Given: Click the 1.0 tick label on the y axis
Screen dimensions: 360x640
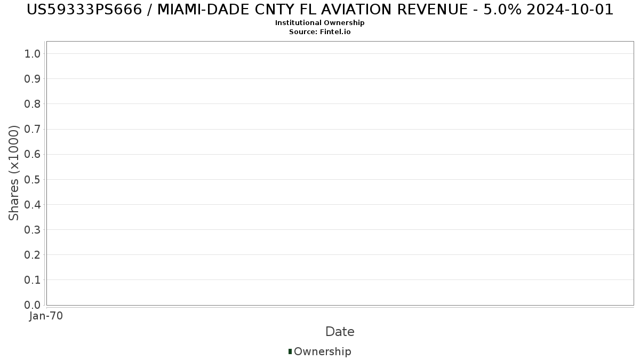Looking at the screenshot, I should pyautogui.click(x=32, y=54).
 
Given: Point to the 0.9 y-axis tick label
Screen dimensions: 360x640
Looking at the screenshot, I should pyautogui.click(x=32, y=79).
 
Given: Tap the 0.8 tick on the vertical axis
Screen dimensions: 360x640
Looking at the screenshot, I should pyautogui.click(x=32, y=104).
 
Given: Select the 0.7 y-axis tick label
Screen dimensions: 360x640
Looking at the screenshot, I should pyautogui.click(x=32, y=129).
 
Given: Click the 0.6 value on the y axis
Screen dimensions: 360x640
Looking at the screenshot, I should pyautogui.click(x=32, y=155).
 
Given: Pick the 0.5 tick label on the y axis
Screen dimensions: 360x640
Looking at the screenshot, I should pyautogui.click(x=32, y=180).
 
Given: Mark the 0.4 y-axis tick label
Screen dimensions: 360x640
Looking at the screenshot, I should pyautogui.click(x=32, y=205).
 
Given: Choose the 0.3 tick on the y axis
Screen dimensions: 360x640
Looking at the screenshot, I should pyautogui.click(x=32, y=230).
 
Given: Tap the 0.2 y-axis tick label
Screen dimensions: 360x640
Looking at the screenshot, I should pyautogui.click(x=32, y=255).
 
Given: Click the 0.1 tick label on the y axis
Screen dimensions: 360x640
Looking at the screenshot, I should pyautogui.click(x=32, y=280).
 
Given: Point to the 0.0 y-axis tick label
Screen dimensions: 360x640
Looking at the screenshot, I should pyautogui.click(x=32, y=305).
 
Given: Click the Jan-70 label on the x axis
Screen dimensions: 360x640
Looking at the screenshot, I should pyautogui.click(x=46, y=316).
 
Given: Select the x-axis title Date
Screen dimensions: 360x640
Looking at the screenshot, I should pyautogui.click(x=340, y=332).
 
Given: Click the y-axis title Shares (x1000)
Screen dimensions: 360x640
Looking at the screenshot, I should pyautogui.click(x=14, y=173).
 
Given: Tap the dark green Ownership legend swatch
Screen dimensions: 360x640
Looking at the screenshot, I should pyautogui.click(x=290, y=351).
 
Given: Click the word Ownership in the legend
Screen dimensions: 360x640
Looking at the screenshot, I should pyautogui.click(x=322, y=351).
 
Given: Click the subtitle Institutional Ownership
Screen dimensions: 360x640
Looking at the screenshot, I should pyautogui.click(x=319, y=23).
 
